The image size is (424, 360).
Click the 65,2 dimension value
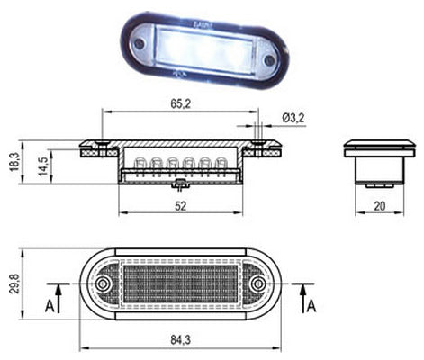[x=181, y=103]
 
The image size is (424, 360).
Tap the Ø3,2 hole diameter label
[x=293, y=118]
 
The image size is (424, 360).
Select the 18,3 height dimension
[x=14, y=162]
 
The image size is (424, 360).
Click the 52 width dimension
[x=181, y=206]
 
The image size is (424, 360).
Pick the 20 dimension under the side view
[x=380, y=206]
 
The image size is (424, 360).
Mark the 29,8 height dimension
[x=14, y=283]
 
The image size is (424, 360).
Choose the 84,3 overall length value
[x=181, y=340]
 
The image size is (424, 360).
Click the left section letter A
[x=50, y=307]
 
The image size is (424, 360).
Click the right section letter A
[x=312, y=307]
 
